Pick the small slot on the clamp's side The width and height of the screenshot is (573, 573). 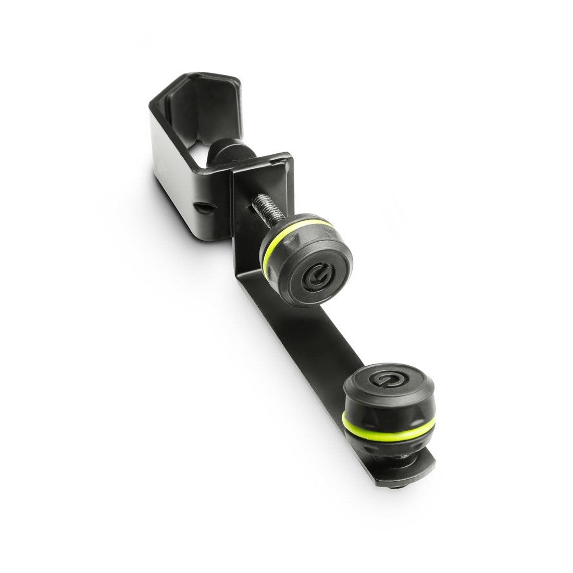tap(202, 207)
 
